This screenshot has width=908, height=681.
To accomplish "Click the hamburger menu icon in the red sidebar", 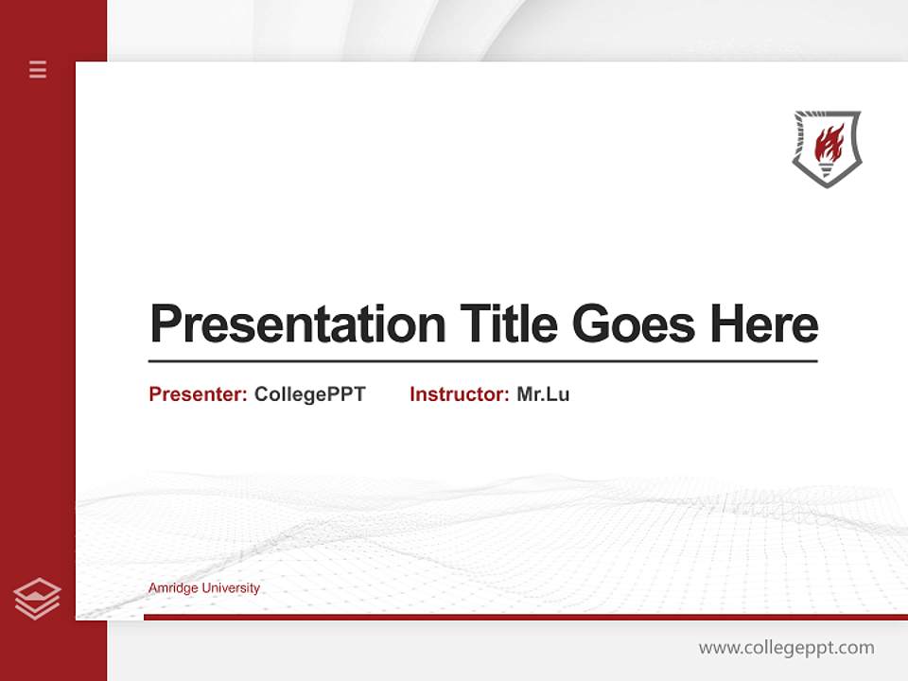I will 38,69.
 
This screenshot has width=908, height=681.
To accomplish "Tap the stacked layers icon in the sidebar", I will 37,599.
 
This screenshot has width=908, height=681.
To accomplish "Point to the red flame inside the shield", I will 829,143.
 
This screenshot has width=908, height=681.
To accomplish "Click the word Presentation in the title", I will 297,324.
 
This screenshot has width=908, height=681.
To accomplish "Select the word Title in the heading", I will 509,324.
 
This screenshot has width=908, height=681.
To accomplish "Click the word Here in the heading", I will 763,324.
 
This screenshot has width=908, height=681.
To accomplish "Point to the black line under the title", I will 482,360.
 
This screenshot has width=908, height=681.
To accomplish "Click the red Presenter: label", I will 198,394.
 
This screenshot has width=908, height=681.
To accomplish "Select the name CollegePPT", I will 309,394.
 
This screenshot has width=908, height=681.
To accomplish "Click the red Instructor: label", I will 459,394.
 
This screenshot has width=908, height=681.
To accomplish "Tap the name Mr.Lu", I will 543,394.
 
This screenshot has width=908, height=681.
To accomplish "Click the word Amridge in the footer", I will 172,588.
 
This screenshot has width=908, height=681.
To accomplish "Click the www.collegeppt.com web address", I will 786,648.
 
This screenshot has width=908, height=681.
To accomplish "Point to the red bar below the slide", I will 525,617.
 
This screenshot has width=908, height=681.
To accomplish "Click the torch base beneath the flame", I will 827,170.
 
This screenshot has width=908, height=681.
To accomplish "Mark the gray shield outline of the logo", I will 797,142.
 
